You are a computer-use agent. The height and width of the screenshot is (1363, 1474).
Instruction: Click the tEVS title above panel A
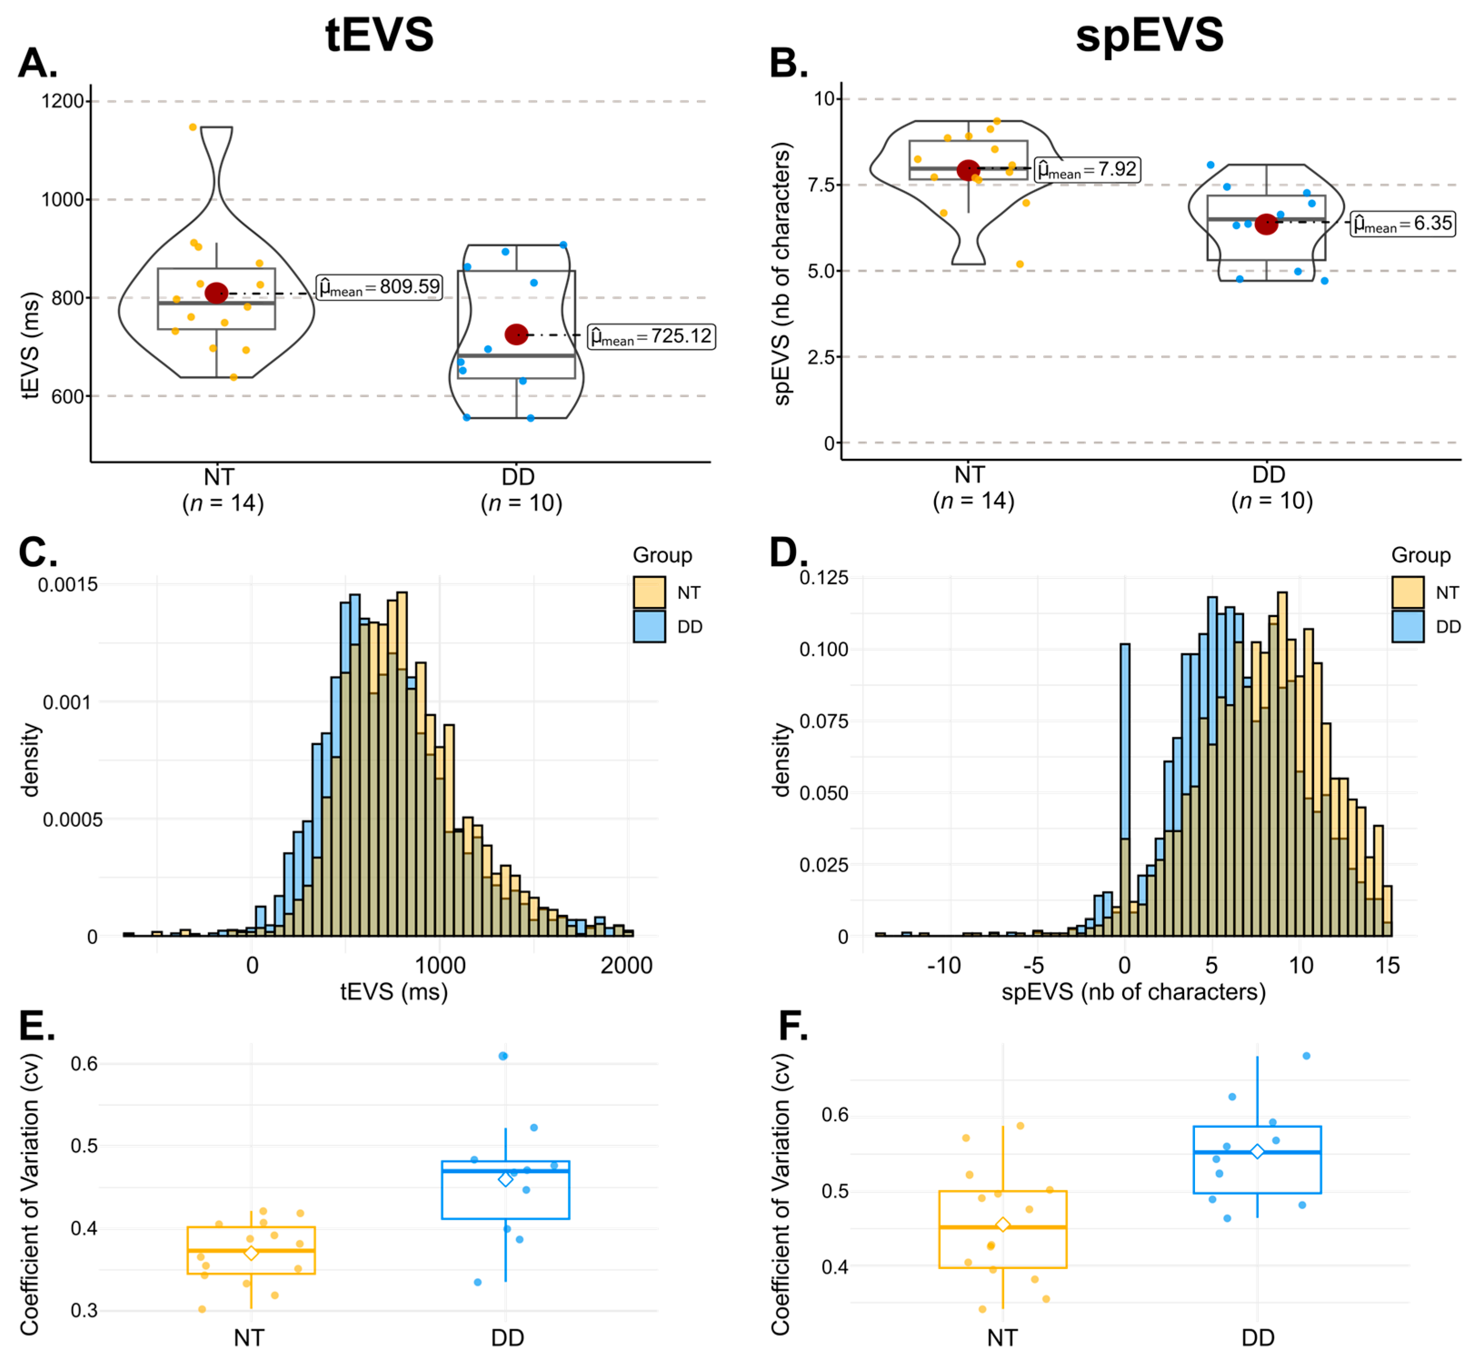tap(379, 34)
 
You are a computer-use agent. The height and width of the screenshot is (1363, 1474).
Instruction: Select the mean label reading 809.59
tap(379, 287)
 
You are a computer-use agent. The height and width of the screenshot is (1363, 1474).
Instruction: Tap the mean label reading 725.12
tap(651, 336)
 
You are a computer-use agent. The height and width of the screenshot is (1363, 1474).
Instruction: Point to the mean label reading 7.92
tap(1087, 169)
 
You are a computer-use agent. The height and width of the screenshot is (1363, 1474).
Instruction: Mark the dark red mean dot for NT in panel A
tap(216, 293)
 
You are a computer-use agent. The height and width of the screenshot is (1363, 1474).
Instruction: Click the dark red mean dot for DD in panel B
tap(1266, 224)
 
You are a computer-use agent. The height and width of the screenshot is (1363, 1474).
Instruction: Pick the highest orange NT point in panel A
tap(193, 127)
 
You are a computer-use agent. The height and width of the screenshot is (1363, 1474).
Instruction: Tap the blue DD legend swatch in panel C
tap(649, 626)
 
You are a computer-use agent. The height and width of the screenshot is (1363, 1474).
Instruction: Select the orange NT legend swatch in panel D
tap(1408, 592)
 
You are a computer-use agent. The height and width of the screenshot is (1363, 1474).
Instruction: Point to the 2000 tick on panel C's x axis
tap(626, 965)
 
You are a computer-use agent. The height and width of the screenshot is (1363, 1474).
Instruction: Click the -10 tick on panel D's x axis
tap(944, 965)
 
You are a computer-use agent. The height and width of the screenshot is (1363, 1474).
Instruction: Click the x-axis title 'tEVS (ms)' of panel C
tap(394, 992)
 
